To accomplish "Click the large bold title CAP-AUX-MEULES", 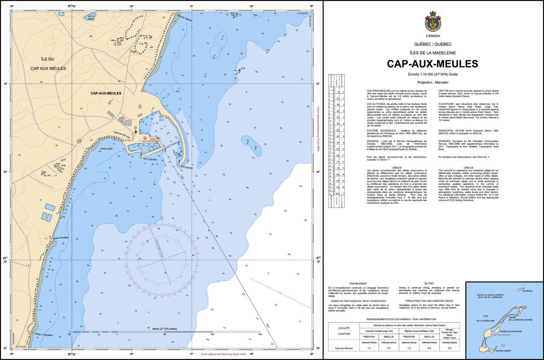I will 432,64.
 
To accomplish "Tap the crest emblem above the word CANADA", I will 432,22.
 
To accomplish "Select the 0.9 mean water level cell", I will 449,348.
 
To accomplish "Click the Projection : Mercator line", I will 432,83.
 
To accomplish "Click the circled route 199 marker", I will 79,141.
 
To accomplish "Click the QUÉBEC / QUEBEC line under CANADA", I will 432,44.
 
